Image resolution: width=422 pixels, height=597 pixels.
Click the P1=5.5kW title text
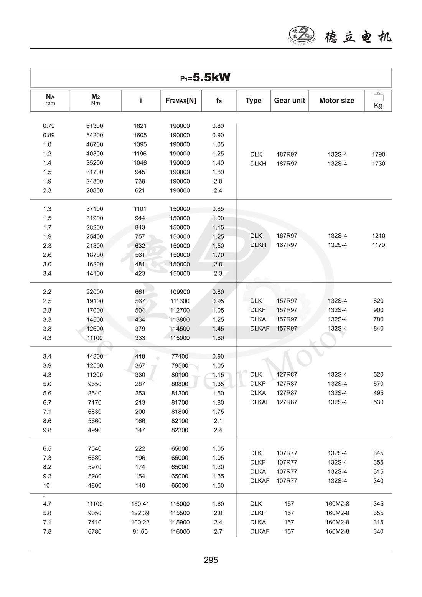(x=205, y=78)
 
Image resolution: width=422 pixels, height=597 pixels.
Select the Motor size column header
(x=336, y=101)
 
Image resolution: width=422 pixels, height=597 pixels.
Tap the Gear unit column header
(x=289, y=101)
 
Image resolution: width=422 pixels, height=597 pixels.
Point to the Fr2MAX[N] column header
(x=181, y=101)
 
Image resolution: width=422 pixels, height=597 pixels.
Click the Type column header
(x=253, y=101)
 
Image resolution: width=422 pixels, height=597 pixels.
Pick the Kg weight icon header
(x=378, y=101)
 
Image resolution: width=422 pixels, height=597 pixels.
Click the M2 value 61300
(x=94, y=126)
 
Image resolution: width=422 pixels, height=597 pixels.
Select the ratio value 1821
(x=140, y=126)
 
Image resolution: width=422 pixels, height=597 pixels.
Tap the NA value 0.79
(x=49, y=126)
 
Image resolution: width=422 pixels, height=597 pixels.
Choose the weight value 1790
(x=378, y=154)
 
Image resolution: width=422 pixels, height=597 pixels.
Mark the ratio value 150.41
(x=140, y=504)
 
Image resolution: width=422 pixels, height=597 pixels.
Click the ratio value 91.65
(x=140, y=531)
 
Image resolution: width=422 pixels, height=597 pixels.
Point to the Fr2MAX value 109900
(x=180, y=292)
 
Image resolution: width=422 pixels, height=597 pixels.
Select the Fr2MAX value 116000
(x=180, y=531)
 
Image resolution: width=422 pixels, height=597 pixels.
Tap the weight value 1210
(x=378, y=236)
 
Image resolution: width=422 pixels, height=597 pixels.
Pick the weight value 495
(x=378, y=393)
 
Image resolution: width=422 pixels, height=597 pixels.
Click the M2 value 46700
(x=94, y=144)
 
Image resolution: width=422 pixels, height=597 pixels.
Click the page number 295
(x=211, y=560)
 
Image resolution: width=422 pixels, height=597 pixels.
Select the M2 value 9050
(x=94, y=513)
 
